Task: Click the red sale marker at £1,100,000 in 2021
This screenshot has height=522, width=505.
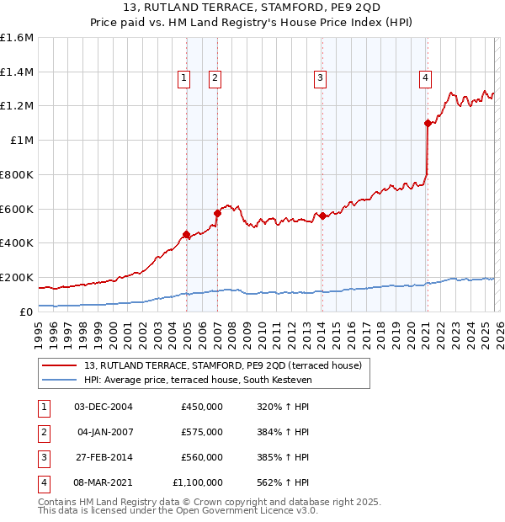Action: [428, 123]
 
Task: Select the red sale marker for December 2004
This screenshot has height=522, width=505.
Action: [186, 234]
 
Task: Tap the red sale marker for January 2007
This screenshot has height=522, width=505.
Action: [217, 213]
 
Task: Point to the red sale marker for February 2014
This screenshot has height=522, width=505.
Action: [322, 216]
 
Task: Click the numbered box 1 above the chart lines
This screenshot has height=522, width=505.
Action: [183, 79]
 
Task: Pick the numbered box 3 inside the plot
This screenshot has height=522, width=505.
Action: [321, 79]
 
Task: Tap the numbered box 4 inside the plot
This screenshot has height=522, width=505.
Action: [426, 79]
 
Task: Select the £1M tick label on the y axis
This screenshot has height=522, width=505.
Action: [22, 141]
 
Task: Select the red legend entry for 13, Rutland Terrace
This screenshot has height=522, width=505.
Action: [223, 365]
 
